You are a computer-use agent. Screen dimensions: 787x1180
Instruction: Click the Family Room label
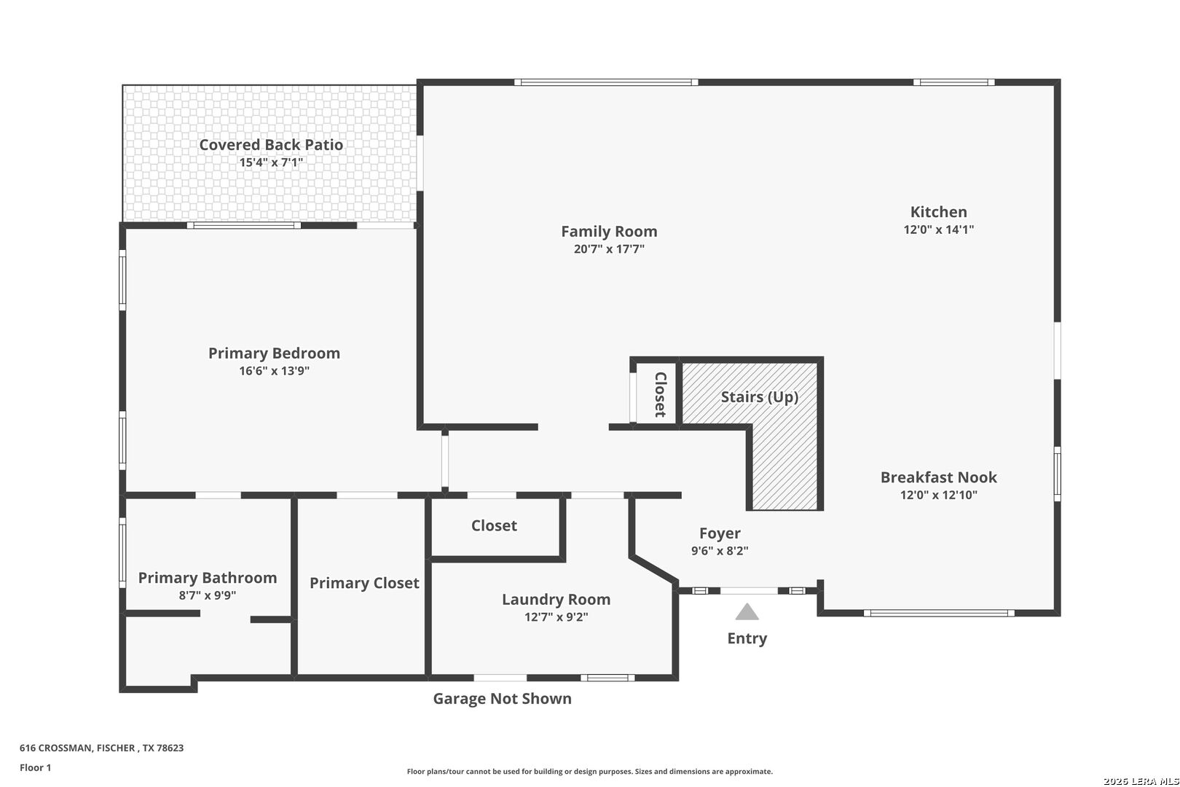coord(609,232)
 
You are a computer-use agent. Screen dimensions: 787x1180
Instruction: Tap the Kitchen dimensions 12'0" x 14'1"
coord(938,230)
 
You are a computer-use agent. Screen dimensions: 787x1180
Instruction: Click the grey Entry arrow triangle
coord(747,612)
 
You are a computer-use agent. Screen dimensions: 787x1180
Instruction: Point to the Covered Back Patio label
coord(271,145)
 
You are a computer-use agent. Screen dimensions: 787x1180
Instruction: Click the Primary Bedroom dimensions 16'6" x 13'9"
coord(274,371)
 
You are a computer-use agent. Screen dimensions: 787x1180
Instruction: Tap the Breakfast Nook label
coord(938,477)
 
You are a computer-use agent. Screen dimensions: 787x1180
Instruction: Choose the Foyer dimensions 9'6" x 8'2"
coord(720,551)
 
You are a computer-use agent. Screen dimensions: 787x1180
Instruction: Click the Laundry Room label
coord(556,600)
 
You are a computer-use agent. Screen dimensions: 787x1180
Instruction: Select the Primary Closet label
coord(364,583)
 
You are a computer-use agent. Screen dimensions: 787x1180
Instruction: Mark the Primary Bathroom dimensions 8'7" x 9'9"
coord(208,595)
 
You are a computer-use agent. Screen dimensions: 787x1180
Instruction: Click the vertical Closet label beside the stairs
coord(660,395)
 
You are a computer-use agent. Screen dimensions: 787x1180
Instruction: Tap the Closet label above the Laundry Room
coord(494,525)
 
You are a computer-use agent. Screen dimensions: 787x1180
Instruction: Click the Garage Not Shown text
coord(502,699)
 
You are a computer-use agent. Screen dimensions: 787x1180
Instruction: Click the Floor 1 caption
coord(36,767)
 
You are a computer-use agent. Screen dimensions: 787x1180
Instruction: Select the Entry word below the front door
coord(747,638)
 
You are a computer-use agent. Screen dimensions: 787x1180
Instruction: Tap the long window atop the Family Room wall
coord(606,82)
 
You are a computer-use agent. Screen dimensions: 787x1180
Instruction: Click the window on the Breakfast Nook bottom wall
coord(939,613)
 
